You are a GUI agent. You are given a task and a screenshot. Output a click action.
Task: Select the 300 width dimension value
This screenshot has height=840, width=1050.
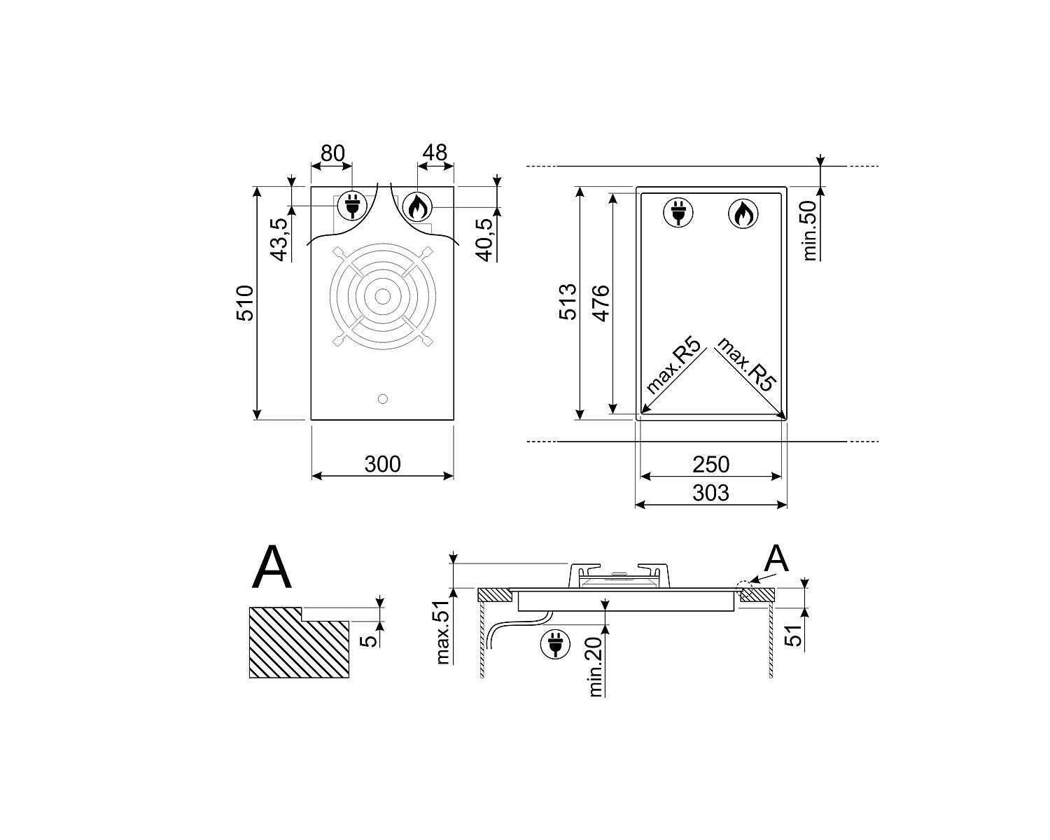pos(382,464)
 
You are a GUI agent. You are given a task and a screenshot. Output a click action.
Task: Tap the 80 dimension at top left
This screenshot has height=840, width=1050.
pos(332,153)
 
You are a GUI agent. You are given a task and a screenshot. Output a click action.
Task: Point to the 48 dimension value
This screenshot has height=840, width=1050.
pos(435,153)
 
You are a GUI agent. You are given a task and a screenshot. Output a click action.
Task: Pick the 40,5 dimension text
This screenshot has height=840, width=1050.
pos(486,239)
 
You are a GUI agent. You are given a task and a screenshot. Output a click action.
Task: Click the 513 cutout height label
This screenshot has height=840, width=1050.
pos(568,302)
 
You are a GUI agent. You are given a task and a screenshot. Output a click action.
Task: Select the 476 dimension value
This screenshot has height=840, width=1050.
pos(601,302)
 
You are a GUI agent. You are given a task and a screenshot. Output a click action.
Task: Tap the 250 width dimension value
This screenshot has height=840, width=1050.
pos(710,464)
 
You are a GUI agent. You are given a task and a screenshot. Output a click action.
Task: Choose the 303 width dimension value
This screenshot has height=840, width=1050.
pos(710,493)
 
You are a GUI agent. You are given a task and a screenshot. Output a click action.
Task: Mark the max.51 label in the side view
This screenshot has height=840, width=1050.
pos(443,632)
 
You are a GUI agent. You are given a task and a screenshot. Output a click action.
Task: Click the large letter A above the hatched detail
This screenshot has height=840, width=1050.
pos(272,567)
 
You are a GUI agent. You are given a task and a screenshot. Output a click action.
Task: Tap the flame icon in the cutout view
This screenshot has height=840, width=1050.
pos(743,213)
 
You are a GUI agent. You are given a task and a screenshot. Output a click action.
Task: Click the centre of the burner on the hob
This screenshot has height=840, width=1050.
pos(382,296)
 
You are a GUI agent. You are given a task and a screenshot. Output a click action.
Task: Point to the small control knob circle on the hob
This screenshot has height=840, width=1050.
pos(382,399)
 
